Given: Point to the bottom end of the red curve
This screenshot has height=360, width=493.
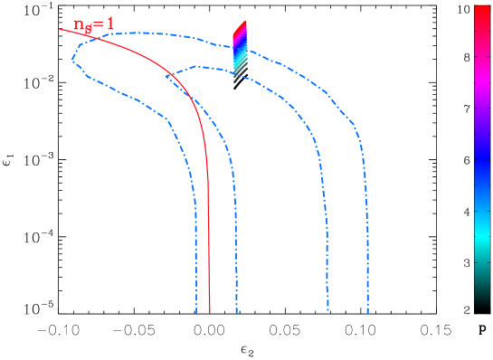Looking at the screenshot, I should coord(210,312).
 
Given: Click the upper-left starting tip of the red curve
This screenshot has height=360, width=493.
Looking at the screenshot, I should coord(61,29).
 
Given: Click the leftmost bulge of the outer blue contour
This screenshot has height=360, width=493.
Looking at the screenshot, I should coord(72,61).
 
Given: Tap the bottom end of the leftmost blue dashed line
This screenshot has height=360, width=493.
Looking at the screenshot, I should coord(196,312).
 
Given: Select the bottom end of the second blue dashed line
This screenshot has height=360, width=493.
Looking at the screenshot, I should coord(237,312).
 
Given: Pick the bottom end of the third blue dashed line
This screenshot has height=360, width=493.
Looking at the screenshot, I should coord(327,312).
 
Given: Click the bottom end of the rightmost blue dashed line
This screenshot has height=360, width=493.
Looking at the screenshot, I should coord(367,312).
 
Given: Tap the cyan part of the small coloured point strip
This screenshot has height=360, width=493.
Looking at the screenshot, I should coord(238,61).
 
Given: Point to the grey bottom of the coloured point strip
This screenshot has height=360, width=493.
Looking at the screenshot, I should coord(236,80).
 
